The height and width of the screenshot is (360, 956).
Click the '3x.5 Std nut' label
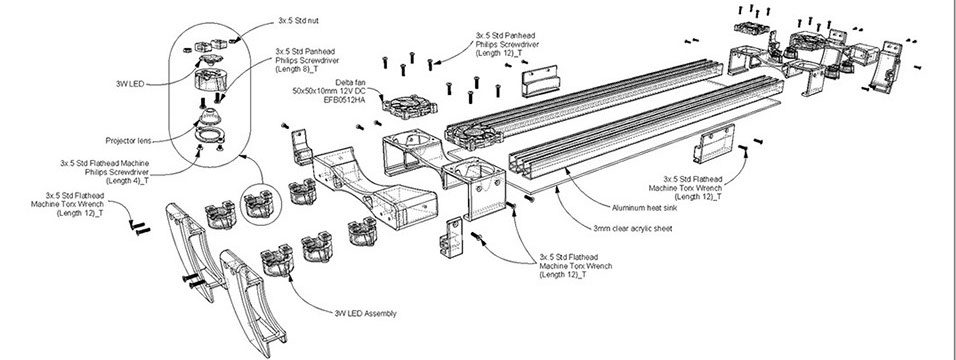[298, 21]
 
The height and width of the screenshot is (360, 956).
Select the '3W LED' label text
[130, 84]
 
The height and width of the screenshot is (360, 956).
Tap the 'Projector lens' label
[128, 140]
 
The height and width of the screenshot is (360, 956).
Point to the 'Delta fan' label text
[350, 82]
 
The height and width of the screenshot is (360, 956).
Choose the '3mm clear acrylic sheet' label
[633, 229]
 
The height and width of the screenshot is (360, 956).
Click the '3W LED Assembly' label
[365, 314]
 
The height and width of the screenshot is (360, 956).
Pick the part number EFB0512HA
[345, 99]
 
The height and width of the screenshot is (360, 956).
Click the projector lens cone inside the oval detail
[209, 116]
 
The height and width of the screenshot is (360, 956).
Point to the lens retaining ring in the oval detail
[209, 134]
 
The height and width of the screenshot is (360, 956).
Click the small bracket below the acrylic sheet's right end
[714, 143]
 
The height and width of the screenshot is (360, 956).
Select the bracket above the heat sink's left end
[541, 82]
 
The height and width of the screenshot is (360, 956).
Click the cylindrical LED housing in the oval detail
[209, 80]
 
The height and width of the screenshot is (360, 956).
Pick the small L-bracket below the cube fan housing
[452, 237]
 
